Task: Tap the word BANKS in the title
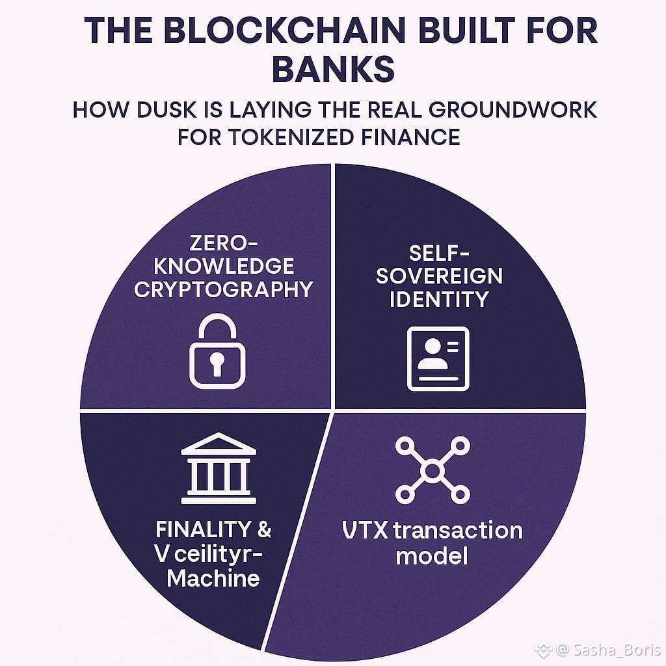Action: (x=333, y=70)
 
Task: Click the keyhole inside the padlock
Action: (x=217, y=362)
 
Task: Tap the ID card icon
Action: (x=438, y=358)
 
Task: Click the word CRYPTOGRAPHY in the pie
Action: (x=224, y=289)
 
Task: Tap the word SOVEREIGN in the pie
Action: (x=440, y=276)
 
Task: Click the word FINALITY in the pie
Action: (x=193, y=529)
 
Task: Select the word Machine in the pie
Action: (x=213, y=577)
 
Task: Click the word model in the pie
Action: (x=432, y=556)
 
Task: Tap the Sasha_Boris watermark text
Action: (x=611, y=650)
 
